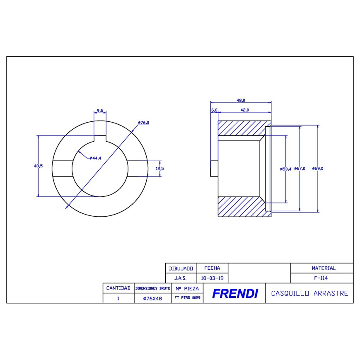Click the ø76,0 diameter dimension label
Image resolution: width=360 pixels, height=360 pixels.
[143, 123]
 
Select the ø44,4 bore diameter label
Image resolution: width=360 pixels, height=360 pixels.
[95, 158]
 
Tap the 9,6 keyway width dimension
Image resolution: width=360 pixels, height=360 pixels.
[99, 111]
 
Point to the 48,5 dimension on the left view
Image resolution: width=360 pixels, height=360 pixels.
[38, 166]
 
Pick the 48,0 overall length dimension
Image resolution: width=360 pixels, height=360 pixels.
[241, 100]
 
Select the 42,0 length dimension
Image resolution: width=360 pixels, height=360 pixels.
[244, 110]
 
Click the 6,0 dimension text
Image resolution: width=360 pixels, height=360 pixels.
[214, 110]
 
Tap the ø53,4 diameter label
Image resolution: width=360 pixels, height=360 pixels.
[286, 169]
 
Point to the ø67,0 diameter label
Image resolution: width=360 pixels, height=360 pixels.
[300, 169]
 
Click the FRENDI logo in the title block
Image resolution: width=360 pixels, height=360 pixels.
[234, 294]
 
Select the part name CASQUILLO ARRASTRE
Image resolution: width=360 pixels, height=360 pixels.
[309, 293]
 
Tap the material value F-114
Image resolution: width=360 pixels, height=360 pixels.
[322, 278]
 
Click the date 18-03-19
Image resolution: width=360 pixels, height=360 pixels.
[212, 278]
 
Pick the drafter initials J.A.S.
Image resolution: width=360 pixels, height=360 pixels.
[180, 278]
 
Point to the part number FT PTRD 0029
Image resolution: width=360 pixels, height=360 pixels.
[187, 298]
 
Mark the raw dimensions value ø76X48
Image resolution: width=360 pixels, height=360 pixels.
[152, 298]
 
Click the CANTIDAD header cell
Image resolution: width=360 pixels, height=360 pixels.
[118, 288]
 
